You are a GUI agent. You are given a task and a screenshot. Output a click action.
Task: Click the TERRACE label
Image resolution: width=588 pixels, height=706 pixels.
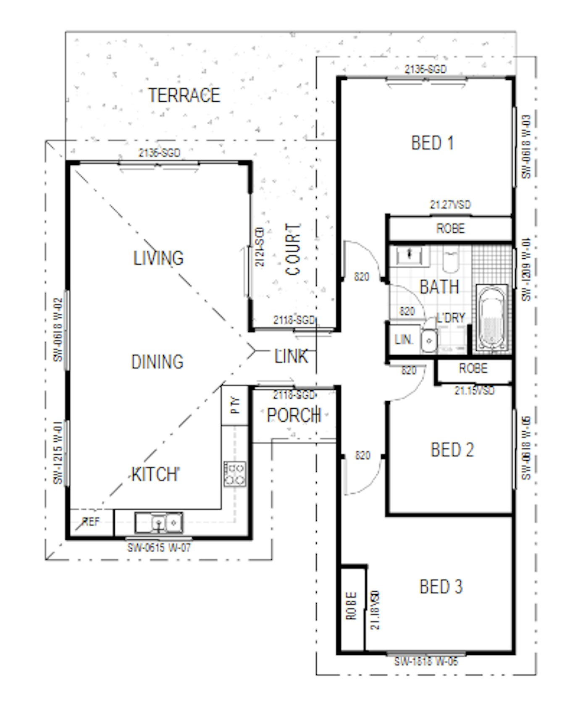click(184, 95)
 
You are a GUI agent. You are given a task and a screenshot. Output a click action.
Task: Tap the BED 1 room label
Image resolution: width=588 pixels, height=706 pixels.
click(432, 143)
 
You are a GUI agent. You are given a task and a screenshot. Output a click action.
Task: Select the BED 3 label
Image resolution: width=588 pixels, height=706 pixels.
click(441, 586)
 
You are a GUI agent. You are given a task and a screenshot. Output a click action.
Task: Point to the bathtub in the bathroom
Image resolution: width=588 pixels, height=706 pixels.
click(491, 318)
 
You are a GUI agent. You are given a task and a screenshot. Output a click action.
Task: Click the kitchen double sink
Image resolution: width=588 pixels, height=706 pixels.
click(159, 523)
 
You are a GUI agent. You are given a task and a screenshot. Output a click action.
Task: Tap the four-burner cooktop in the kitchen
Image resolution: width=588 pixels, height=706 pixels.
click(235, 474)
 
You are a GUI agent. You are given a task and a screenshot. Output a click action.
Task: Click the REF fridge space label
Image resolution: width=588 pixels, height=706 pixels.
click(91, 522)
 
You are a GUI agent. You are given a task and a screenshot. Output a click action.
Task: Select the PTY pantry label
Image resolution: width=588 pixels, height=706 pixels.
click(236, 405)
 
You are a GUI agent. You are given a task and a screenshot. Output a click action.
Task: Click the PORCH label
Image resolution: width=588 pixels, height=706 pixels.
click(294, 415)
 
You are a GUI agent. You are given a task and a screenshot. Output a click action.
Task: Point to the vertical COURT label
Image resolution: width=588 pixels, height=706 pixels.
click(293, 249)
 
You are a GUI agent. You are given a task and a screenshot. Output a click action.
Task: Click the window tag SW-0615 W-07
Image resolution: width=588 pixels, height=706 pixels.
click(159, 548)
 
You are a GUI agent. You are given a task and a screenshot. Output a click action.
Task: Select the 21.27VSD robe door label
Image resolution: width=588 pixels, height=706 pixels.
click(450, 205)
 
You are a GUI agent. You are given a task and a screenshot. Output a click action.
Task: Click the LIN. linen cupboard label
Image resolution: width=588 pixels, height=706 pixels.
click(404, 339)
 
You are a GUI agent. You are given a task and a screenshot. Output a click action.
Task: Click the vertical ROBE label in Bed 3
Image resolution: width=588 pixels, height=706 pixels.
click(352, 606)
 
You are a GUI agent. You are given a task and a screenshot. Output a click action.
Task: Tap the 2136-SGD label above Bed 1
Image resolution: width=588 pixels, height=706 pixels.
click(425, 69)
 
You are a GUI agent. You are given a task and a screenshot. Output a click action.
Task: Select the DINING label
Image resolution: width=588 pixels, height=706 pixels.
click(157, 362)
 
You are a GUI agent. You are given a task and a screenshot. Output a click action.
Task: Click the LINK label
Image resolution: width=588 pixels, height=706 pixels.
click(291, 357)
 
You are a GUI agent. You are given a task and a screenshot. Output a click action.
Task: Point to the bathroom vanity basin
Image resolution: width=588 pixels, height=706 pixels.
click(410, 255)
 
